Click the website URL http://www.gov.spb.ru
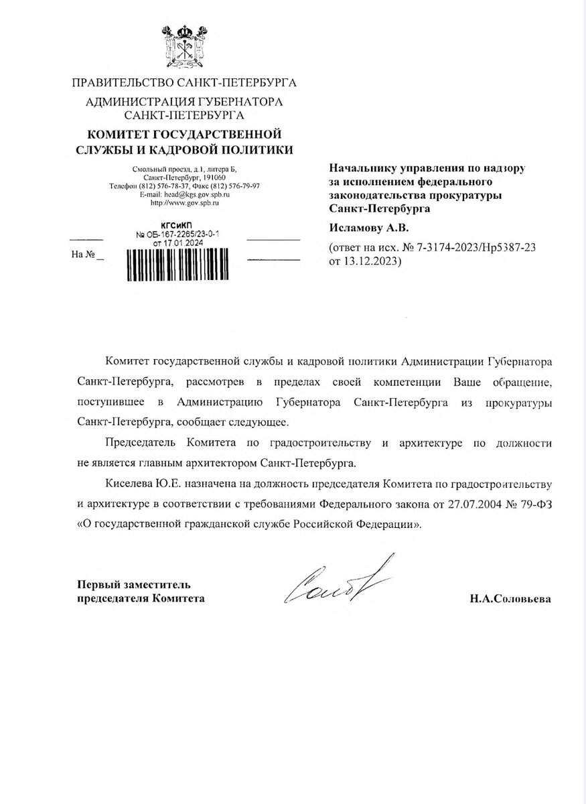coord(185,201)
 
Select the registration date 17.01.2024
coord(188,243)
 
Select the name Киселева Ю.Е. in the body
coord(137,484)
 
